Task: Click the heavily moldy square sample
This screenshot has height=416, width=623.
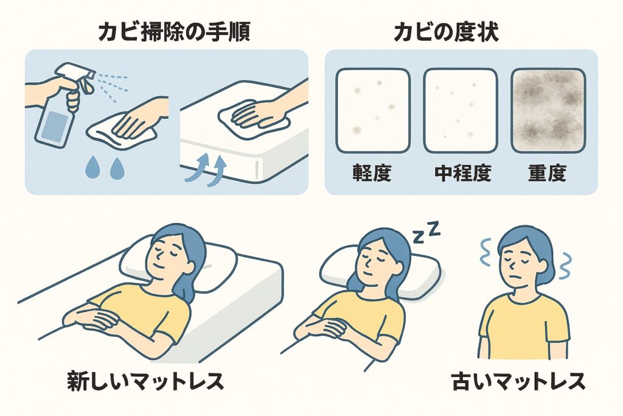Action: pos(548,110)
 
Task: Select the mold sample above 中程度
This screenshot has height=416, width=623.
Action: pos(461,110)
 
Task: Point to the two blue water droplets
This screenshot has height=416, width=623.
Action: pos(103,169)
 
